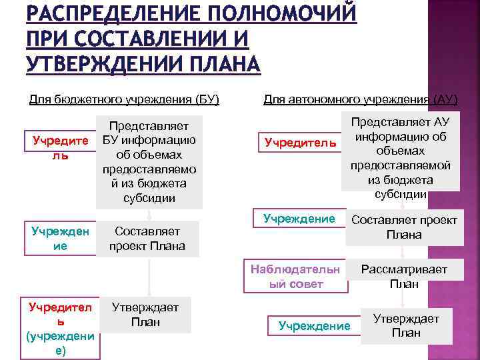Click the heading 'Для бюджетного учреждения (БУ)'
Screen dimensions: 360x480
tap(124, 100)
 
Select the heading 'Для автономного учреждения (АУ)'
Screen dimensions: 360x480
tap(360, 100)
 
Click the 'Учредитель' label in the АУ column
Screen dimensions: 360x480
tap(301, 142)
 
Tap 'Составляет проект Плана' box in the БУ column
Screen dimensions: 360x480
tap(148, 238)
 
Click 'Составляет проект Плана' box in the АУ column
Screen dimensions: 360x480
tap(404, 227)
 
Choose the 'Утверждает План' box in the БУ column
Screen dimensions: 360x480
tap(145, 315)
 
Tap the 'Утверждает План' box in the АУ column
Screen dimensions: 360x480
tap(405, 326)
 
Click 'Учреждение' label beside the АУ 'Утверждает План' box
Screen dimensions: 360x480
tap(314, 325)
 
